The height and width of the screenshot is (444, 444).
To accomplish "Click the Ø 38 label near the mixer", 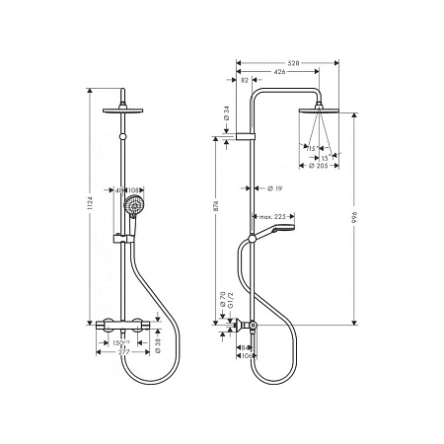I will tap(157, 344).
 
